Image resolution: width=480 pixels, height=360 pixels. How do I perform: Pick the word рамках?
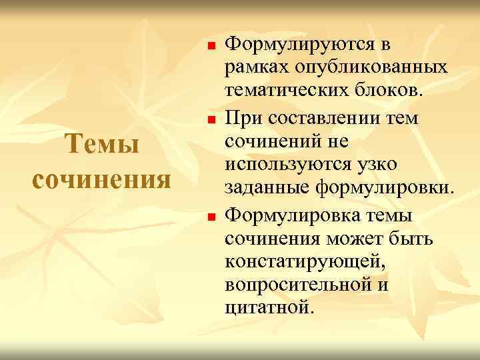(x=254, y=68)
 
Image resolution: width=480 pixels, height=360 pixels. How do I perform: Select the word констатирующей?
(x=305, y=261)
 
